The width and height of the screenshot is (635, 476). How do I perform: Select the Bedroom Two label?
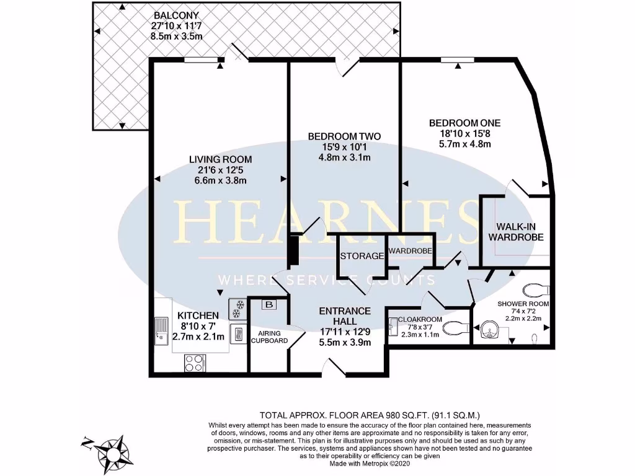(344, 136)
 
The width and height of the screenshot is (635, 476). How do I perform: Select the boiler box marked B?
(269, 304)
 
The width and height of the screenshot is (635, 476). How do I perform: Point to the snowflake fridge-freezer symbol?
(236, 308)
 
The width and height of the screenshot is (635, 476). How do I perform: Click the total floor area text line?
(369, 415)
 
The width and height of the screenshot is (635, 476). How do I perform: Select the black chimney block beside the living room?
(293, 248)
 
